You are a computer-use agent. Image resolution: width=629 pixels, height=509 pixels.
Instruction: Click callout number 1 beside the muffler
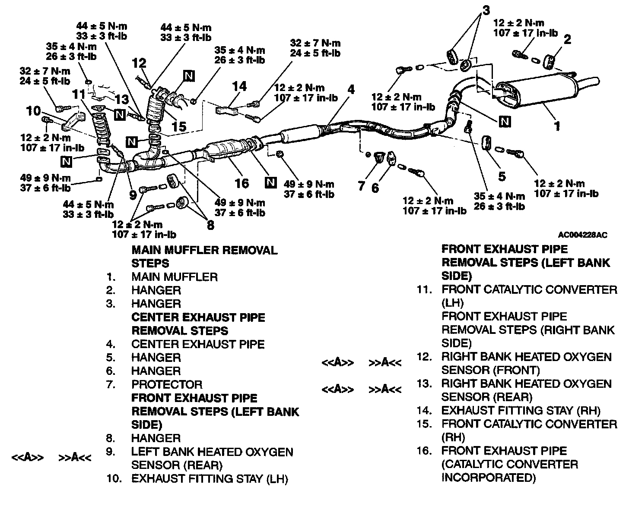(557, 126)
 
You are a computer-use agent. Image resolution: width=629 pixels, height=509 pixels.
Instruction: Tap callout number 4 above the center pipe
(351, 90)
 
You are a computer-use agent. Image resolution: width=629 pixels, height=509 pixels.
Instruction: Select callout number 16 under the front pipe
(241, 183)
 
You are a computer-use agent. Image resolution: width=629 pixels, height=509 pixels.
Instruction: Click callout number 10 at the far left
(33, 111)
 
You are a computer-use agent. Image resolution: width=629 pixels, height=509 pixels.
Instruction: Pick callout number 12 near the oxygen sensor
(140, 64)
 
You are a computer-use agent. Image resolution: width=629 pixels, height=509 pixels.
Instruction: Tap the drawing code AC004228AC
(583, 235)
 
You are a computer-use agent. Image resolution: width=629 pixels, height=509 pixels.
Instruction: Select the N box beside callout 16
(270, 182)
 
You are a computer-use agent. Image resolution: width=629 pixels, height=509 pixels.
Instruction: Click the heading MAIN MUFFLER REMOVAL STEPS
(204, 257)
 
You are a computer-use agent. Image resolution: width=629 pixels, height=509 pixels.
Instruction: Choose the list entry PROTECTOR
(167, 384)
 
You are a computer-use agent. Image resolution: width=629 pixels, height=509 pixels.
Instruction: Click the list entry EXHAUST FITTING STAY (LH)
(210, 478)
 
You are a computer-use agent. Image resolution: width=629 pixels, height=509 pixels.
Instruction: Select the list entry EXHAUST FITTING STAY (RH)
(521, 411)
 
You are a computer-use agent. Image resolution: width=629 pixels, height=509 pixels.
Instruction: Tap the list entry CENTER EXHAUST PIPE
(198, 344)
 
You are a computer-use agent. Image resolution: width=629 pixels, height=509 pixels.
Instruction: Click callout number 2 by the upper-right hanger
(567, 40)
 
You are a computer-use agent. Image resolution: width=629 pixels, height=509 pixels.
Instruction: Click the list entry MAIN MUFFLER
(175, 277)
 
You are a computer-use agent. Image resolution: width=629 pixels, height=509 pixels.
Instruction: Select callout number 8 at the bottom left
(210, 225)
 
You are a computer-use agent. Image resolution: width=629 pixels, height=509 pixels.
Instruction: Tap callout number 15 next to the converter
(179, 126)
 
